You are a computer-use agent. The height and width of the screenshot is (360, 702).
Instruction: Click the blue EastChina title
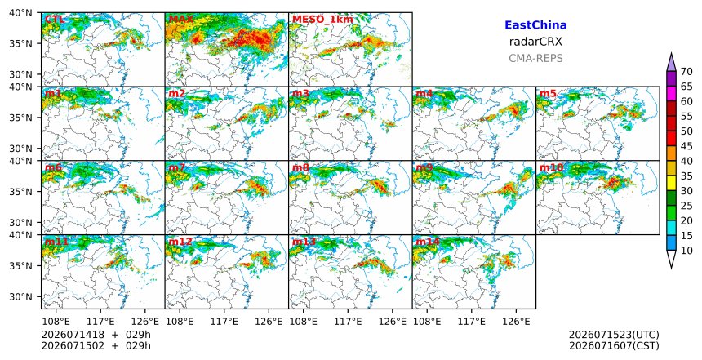535,25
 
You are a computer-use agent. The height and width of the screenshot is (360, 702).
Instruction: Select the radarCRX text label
535,42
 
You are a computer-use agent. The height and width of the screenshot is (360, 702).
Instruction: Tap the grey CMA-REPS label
535,58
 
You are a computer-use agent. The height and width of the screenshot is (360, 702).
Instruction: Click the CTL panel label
55,20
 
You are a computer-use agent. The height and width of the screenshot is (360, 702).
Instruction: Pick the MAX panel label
181,20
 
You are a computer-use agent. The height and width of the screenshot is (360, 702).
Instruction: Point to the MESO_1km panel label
322,20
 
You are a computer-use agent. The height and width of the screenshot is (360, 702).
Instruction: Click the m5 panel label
548,94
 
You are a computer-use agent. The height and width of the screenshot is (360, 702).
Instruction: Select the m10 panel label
551,167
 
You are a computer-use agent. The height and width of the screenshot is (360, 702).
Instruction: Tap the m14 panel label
428,242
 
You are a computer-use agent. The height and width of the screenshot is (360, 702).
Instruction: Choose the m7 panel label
177,167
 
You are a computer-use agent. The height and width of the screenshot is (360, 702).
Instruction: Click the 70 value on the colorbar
686,72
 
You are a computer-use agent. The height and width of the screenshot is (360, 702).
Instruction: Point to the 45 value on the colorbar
686,146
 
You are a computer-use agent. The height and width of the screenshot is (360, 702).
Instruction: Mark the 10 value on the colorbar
686,251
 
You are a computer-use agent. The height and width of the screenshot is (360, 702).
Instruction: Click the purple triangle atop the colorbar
671,62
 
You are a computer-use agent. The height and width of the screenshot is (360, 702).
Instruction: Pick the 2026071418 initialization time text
67,335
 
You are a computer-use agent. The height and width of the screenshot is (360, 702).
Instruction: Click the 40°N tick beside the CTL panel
20,12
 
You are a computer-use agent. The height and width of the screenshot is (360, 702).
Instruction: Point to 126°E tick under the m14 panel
516,322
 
